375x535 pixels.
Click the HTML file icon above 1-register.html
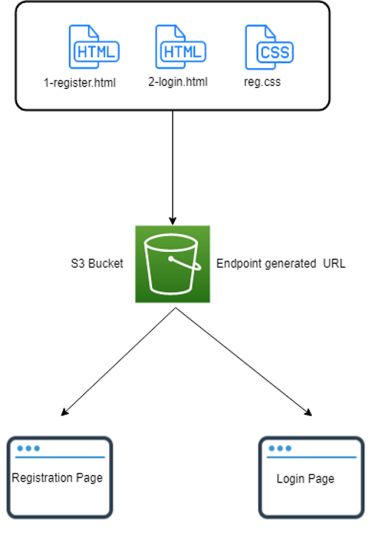coord(94,47)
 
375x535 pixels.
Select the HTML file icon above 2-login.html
coord(181,47)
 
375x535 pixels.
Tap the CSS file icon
coord(269,47)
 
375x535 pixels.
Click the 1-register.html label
coord(79,83)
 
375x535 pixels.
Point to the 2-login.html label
coord(178,82)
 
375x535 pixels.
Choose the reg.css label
coord(262,82)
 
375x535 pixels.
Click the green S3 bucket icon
coord(173,264)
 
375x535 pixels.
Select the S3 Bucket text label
coord(97,263)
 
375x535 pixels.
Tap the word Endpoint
coord(239,263)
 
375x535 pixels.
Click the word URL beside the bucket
coord(334,263)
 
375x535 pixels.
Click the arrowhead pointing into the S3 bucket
coord(173,220)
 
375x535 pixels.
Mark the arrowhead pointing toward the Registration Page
coord(64,412)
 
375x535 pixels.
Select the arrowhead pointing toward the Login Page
coord(308,412)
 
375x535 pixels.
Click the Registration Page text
coord(57,478)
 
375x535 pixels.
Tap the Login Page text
coord(305,479)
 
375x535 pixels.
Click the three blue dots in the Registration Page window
coord(29,448)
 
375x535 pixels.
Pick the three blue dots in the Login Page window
coord(280,448)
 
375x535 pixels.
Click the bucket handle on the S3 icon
coord(185,263)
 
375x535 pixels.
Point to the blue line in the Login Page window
coord(311,457)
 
